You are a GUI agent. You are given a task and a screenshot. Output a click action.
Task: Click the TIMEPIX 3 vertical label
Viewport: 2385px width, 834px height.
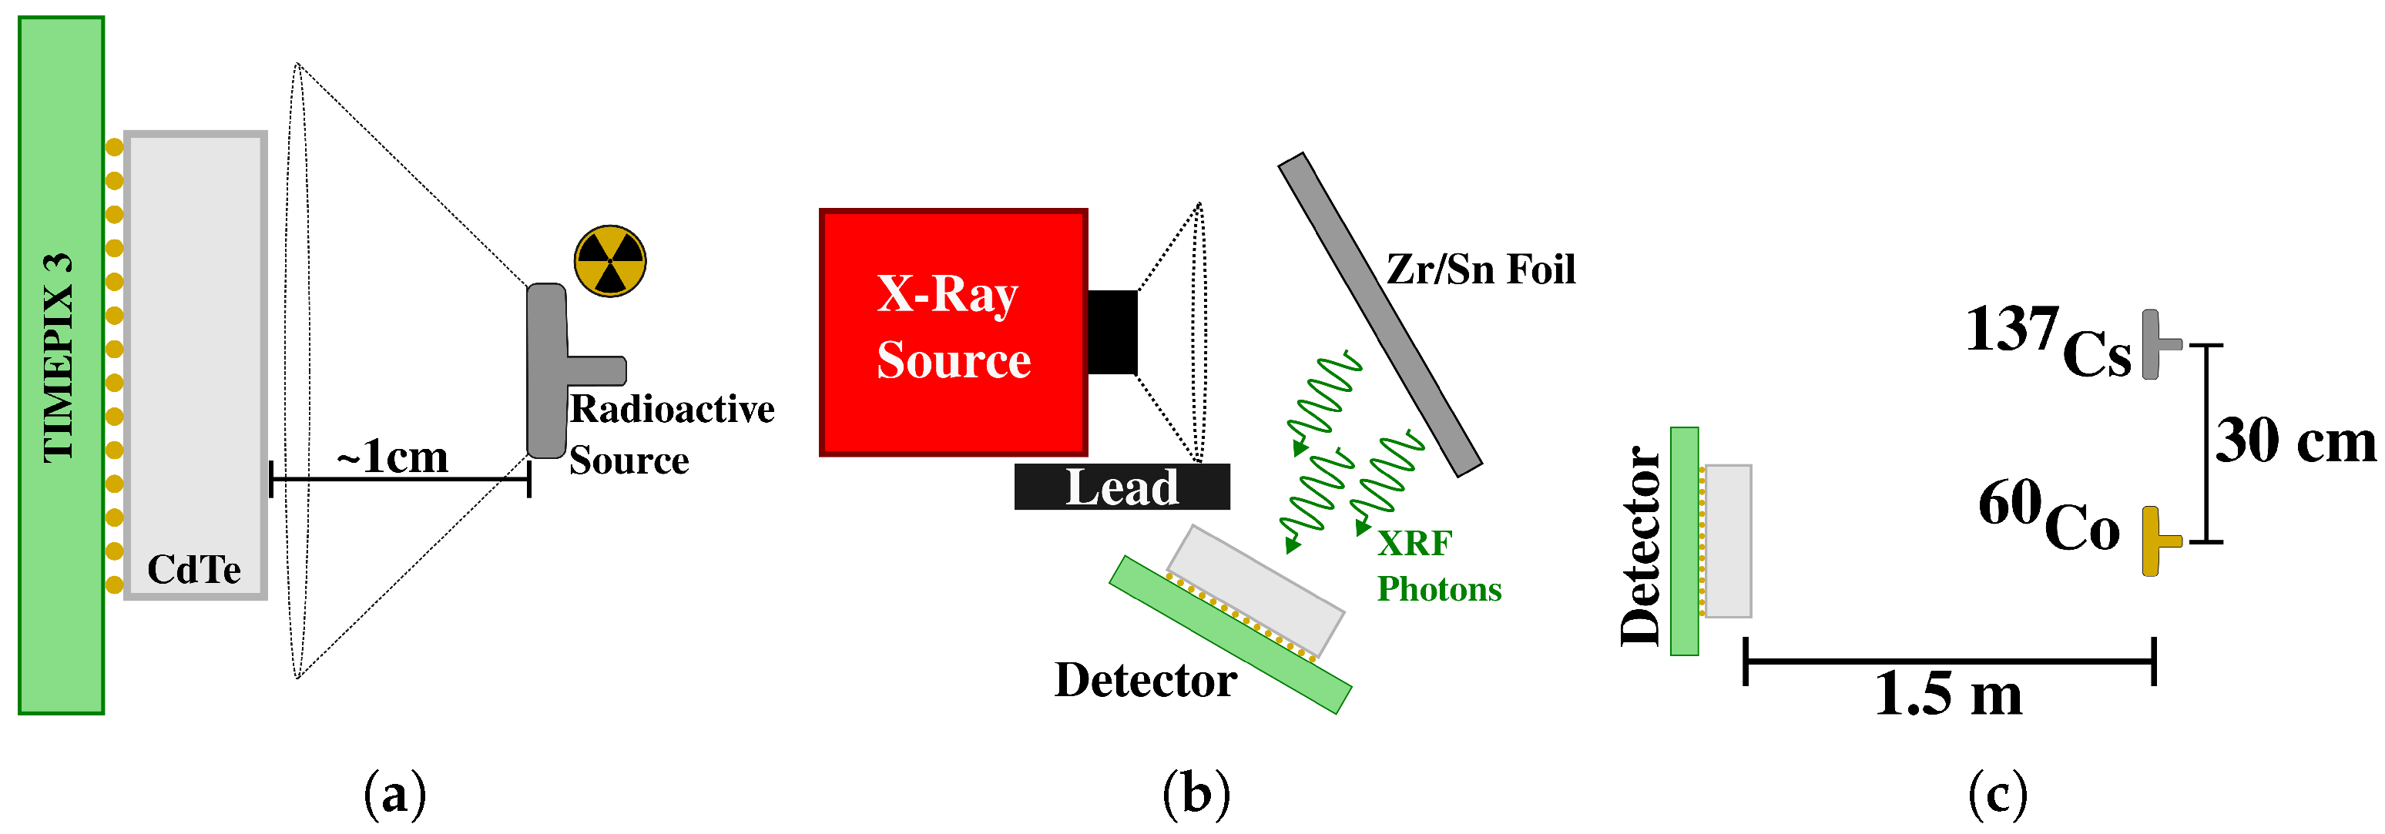pos(58,357)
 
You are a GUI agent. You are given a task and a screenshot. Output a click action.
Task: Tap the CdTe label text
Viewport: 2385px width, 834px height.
pos(194,569)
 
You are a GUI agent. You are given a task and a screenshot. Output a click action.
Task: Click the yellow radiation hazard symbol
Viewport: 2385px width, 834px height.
pos(610,261)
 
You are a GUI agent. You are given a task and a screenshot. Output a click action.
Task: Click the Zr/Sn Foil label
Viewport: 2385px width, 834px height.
pos(1480,270)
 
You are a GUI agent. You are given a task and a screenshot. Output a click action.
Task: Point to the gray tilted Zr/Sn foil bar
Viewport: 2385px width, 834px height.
pos(1380,315)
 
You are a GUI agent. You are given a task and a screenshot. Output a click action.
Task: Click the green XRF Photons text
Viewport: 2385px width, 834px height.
pos(1437,565)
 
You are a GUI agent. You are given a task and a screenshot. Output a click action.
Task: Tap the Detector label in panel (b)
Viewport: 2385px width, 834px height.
pos(1146,680)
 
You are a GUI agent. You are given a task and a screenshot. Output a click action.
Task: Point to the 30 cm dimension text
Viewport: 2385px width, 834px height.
pos(2295,440)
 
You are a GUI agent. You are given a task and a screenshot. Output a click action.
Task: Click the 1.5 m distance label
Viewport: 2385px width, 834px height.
pos(1948,694)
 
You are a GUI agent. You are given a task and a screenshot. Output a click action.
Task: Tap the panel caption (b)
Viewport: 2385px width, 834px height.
pos(1196,794)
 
